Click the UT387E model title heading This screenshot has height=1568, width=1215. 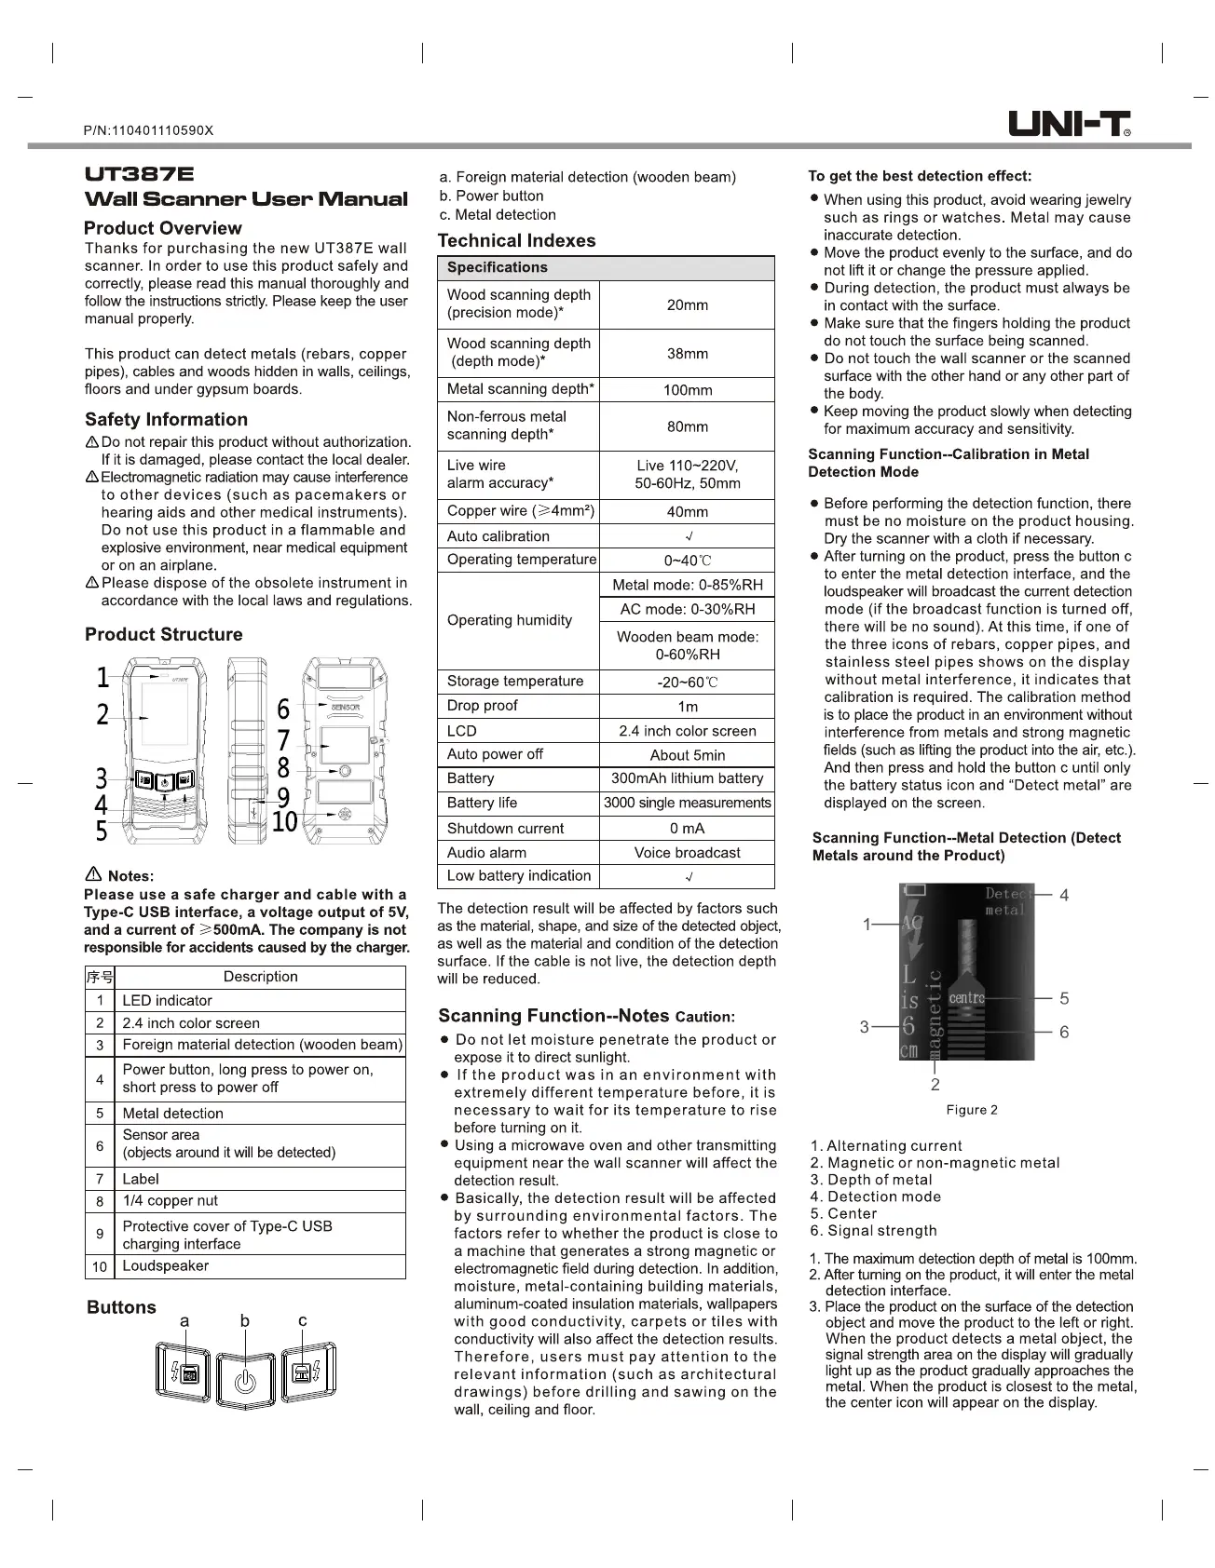click(140, 174)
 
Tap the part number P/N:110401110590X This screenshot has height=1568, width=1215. click(148, 130)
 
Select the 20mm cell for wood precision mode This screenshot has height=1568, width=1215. click(687, 304)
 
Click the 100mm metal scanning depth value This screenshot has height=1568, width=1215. click(687, 390)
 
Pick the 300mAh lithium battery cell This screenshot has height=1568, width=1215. click(687, 778)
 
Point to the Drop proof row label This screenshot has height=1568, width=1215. click(483, 706)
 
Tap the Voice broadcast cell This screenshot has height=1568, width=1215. click(687, 853)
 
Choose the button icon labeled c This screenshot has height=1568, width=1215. click(304, 1372)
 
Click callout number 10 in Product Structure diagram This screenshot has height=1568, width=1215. click(284, 822)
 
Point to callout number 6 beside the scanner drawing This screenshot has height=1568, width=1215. click(284, 710)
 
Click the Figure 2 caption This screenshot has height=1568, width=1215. click(971, 1110)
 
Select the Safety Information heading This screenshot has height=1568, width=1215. click(166, 420)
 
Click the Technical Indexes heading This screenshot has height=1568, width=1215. click(516, 240)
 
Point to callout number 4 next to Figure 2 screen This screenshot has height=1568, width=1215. click(1064, 895)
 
